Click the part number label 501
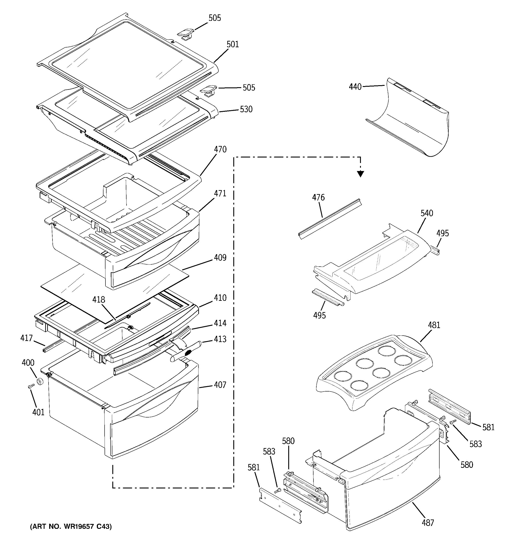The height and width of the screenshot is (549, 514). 233,44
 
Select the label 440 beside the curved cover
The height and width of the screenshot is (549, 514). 355,87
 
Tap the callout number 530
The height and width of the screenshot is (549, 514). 246,109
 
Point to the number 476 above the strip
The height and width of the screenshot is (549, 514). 318,197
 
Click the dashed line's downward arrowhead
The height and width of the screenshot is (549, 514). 360,174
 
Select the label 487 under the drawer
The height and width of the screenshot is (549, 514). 428,523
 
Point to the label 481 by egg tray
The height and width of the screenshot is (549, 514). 434,325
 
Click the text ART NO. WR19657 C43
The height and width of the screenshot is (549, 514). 71,527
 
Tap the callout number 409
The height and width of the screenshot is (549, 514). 220,257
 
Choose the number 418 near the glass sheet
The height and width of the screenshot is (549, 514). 99,299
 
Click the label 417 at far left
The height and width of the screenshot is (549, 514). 27,338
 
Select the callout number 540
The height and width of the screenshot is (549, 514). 427,213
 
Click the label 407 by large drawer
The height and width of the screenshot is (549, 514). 220,385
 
